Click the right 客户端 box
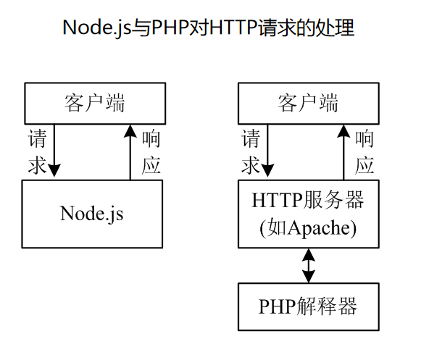pyautogui.click(x=308, y=103)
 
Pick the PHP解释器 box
pyautogui.click(x=308, y=306)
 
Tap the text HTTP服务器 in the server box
pyautogui.click(x=308, y=201)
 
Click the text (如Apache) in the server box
pyautogui.click(x=308, y=227)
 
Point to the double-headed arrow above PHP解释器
pyautogui.click(x=309, y=266)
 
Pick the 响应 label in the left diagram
pyautogui.click(x=151, y=151)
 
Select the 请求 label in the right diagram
pyautogui.click(x=251, y=151)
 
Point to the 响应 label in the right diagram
pyautogui.click(x=365, y=151)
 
